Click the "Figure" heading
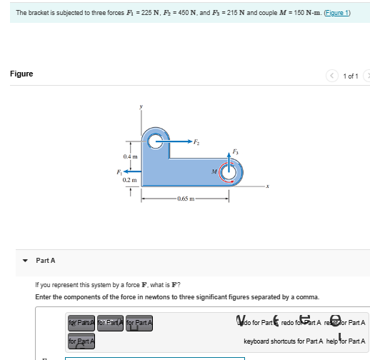tap(21, 74)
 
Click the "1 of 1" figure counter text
tap(351, 76)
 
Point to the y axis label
tap(141, 106)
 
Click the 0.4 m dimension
tap(129, 156)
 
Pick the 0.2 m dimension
tap(129, 181)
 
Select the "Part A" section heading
tap(46, 260)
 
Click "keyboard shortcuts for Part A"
tap(284, 341)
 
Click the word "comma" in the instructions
tap(309, 296)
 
